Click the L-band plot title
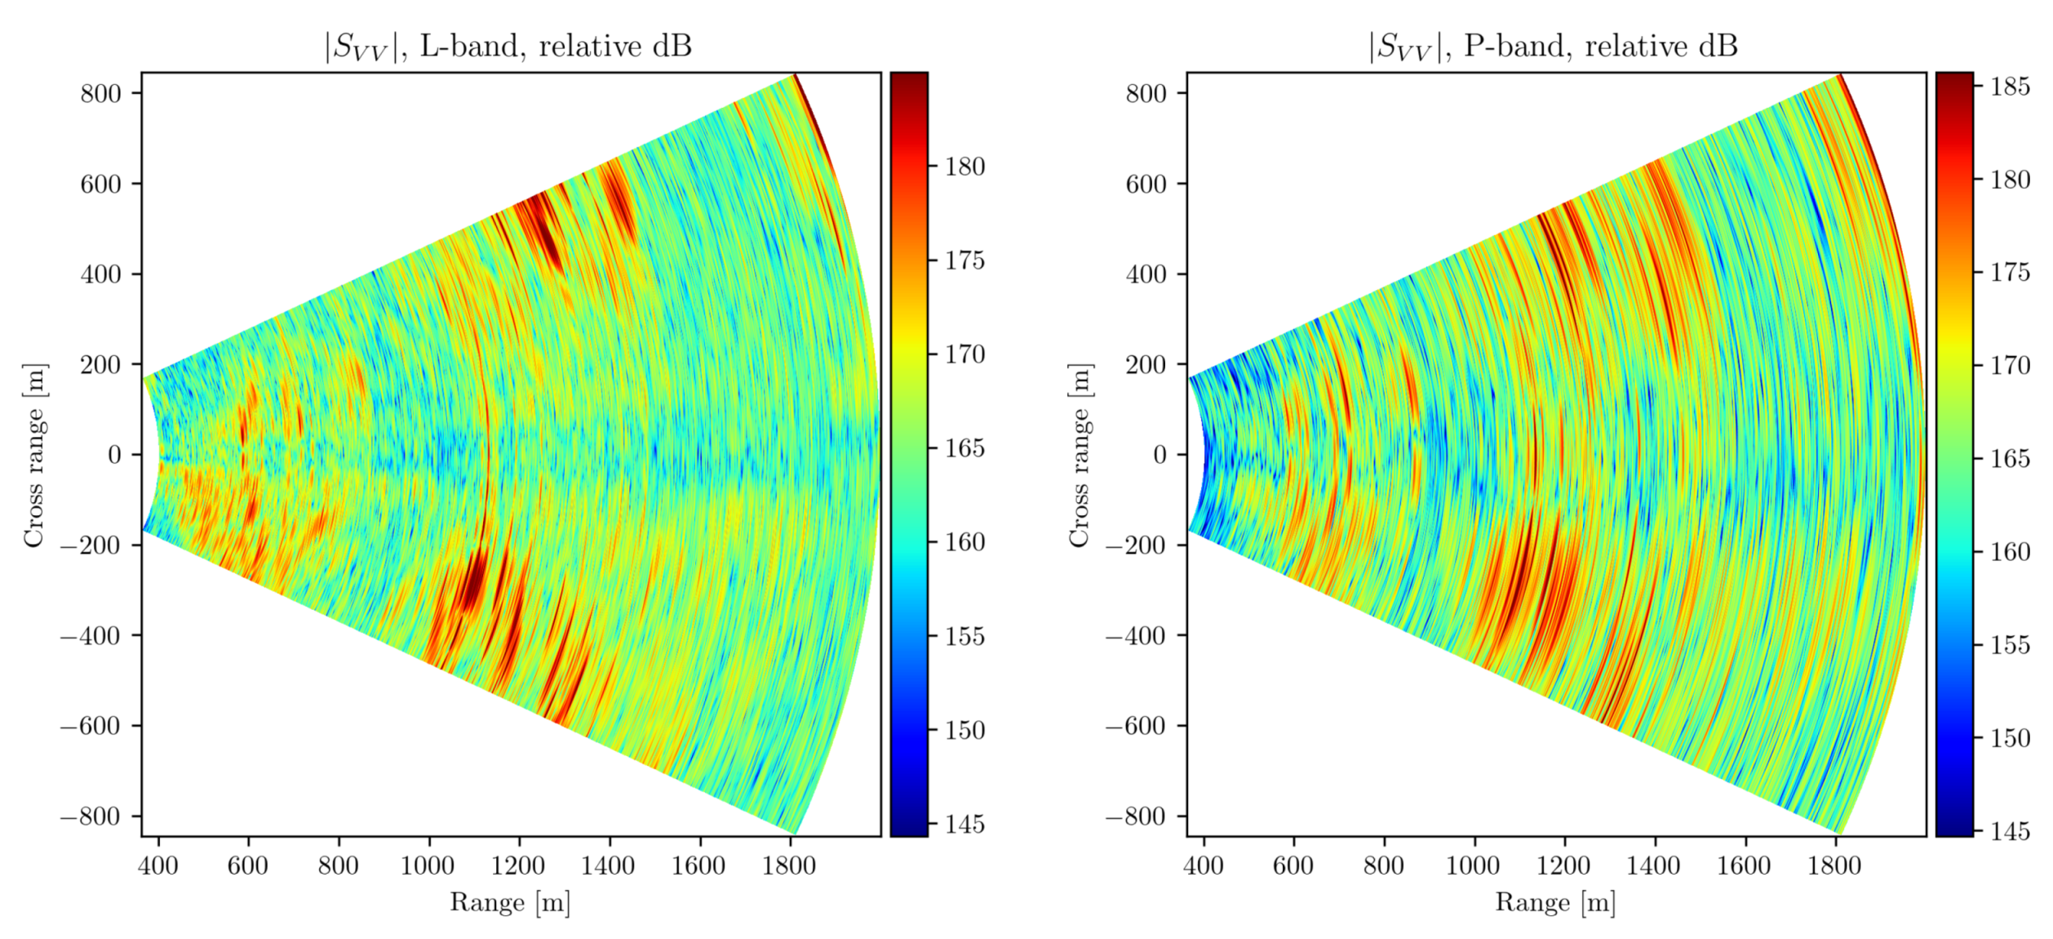[508, 47]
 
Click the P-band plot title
[1553, 47]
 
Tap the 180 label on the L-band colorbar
[965, 167]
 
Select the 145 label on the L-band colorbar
[965, 825]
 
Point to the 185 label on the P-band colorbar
[2010, 87]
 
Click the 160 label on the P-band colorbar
[2010, 552]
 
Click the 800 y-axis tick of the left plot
[100, 93]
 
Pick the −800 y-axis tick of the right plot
[1135, 816]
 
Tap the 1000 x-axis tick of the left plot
[428, 866]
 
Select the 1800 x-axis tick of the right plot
[1835, 866]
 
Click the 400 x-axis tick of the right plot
[1204, 866]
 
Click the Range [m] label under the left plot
[510, 902]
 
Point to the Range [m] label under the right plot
[1555, 902]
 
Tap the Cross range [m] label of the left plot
[33, 455]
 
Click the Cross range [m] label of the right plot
[1079, 455]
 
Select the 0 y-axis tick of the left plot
[114, 455]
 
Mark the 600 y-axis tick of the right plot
[1146, 184]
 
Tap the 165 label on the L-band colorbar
[965, 448]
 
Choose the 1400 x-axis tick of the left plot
[608, 866]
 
